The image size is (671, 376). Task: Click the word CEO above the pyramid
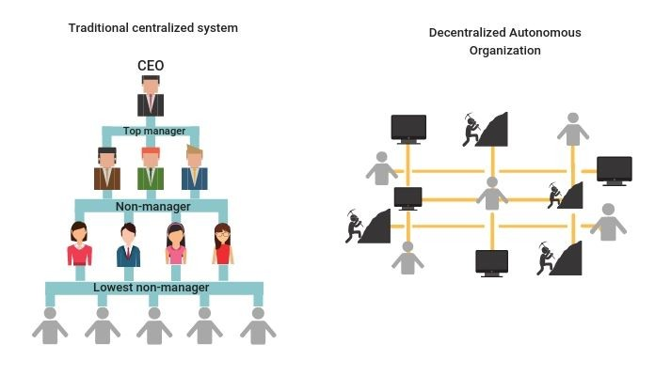(x=152, y=68)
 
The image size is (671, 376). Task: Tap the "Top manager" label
(x=154, y=132)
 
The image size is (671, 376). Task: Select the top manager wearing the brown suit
(x=108, y=168)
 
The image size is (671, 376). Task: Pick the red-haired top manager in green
(x=151, y=168)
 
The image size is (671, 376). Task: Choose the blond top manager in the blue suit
(x=194, y=168)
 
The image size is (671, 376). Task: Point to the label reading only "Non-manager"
(x=153, y=206)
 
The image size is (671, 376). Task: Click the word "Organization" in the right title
(x=505, y=51)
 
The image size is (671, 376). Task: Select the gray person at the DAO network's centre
(x=491, y=195)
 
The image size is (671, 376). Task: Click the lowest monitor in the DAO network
(x=492, y=262)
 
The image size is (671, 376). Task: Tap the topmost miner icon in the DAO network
(x=484, y=130)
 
